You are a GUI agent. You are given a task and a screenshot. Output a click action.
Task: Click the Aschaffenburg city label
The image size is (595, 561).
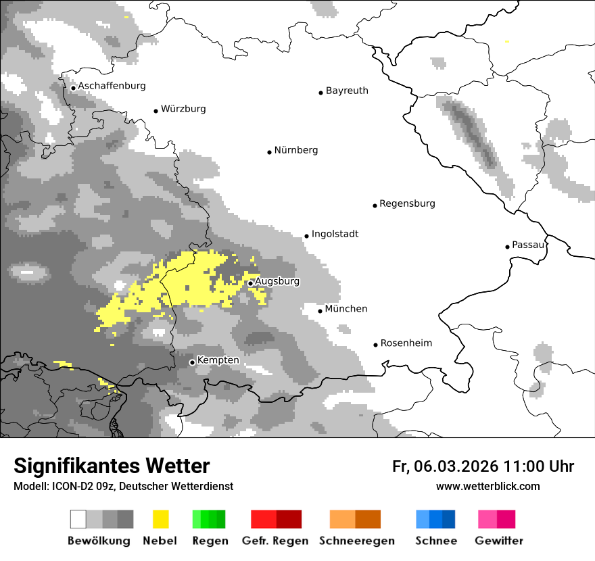point(112,86)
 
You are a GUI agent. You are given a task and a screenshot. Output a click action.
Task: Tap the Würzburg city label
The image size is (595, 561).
point(183,109)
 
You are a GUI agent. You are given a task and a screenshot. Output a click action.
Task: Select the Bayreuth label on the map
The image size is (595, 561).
point(347,91)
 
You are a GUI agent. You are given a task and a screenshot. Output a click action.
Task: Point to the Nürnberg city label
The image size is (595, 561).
point(295,150)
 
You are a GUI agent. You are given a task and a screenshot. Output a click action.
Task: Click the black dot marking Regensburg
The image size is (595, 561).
point(375,205)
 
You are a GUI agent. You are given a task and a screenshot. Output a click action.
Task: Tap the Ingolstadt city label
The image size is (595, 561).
point(335,234)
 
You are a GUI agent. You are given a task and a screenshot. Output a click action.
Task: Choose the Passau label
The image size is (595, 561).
point(528,245)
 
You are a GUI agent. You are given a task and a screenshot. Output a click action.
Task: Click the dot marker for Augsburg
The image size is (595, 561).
point(250,283)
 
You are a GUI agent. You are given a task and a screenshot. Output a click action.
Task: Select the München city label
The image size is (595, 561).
point(346,309)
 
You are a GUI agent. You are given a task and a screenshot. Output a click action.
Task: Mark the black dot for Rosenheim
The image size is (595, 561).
point(375,345)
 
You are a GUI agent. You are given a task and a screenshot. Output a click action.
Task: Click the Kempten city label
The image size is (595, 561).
point(218,360)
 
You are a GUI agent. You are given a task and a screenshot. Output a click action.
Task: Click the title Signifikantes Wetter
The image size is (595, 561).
point(112,466)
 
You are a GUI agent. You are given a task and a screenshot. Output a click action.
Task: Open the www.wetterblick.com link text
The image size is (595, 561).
point(488,487)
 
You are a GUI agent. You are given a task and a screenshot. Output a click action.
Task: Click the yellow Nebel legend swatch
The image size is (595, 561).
point(160,519)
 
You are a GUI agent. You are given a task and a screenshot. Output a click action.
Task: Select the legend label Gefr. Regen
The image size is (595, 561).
point(275,541)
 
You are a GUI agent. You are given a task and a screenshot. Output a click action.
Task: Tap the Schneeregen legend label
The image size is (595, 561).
point(357,541)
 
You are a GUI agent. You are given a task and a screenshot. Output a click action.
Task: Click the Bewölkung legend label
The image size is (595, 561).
point(99,541)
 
